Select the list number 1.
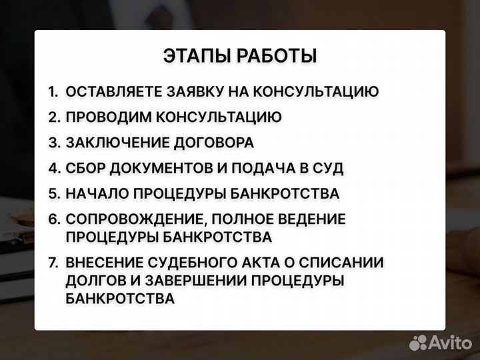(53, 92)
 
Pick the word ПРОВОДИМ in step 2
(108, 117)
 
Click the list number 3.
(54, 143)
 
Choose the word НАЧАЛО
(96, 194)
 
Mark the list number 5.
(54, 194)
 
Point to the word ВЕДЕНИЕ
(313, 219)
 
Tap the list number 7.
(53, 263)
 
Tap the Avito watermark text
(450, 343)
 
